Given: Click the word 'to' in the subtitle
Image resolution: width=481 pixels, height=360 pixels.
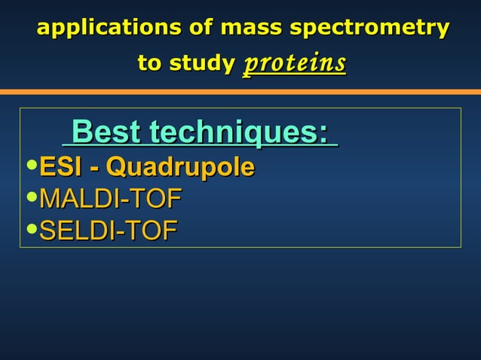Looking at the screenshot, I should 149,63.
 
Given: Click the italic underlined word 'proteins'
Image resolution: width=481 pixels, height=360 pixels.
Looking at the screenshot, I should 294,63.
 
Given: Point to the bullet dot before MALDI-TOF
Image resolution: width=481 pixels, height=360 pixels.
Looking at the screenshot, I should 31,197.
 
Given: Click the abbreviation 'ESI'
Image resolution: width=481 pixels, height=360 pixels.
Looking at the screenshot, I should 60,166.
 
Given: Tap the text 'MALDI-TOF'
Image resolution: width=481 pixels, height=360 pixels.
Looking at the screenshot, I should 110,199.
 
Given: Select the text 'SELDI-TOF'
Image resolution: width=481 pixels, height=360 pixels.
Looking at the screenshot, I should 108,230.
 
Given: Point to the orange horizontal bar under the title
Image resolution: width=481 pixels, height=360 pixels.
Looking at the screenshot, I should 240,92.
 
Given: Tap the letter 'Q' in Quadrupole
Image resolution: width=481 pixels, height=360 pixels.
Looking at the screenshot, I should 117,166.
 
